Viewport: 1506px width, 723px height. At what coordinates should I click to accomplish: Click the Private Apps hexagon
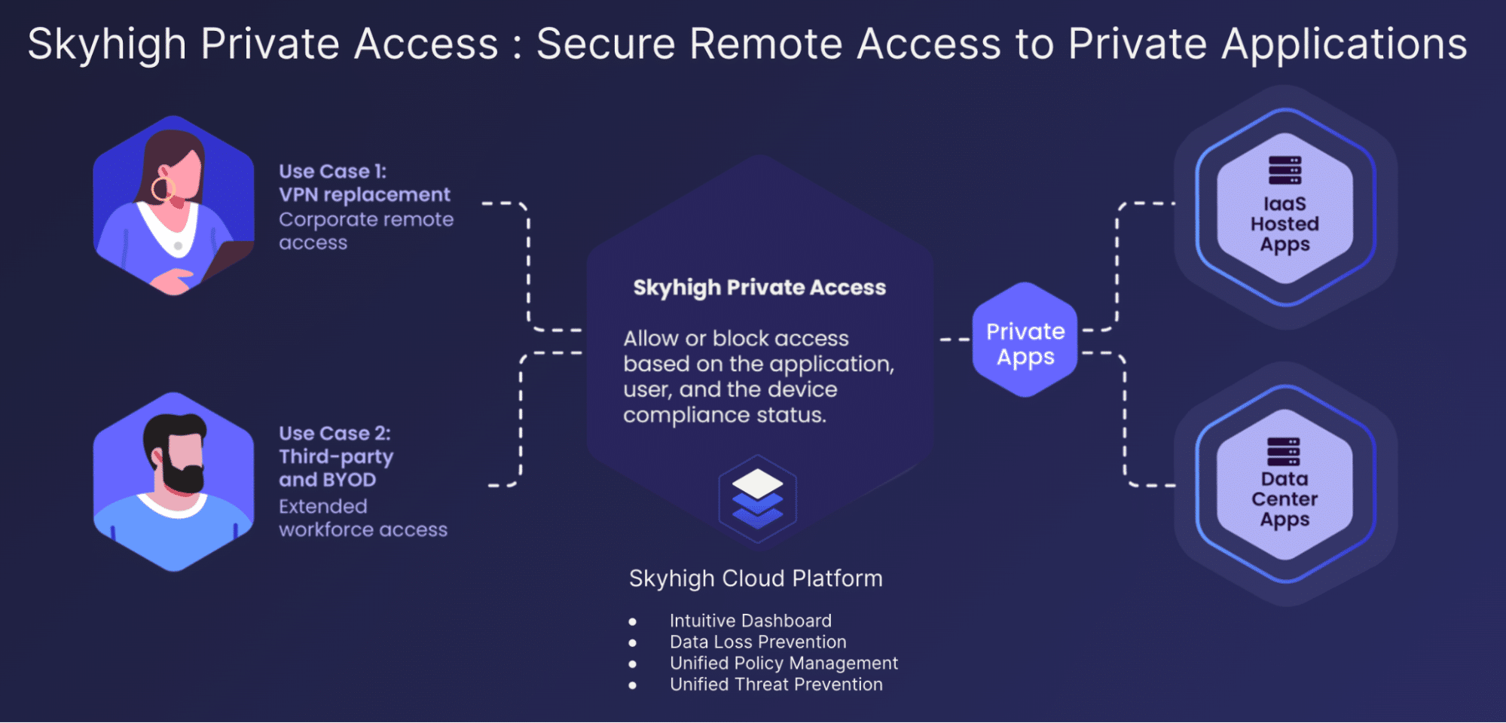1025,340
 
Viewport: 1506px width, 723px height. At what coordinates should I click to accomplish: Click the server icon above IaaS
1285,170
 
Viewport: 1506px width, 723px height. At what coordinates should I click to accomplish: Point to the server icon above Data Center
1283,451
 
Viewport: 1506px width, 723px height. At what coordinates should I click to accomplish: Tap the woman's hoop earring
162,189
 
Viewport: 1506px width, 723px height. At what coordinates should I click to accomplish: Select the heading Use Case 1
332,172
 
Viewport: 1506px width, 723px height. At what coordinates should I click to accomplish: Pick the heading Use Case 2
334,434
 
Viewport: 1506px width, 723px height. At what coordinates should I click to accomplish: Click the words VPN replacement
365,195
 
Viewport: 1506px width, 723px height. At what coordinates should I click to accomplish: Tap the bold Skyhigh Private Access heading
759,288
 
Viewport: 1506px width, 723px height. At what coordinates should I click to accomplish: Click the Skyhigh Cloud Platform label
756,578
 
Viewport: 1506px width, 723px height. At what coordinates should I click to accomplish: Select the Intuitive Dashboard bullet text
750,621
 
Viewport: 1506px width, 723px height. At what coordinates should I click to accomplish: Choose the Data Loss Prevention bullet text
758,642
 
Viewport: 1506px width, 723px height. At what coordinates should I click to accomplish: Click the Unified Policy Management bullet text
784,663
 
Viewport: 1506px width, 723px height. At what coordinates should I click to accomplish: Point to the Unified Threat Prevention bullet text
776,684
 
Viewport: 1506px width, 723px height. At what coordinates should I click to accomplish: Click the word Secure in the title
606,44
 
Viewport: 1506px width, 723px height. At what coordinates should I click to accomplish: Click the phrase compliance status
724,415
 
